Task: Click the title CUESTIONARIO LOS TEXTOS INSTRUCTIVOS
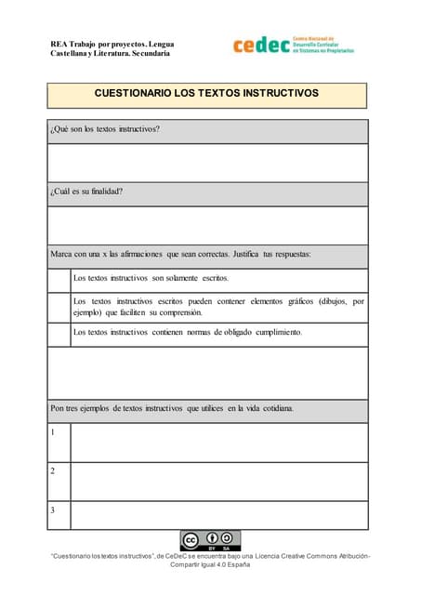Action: pyautogui.click(x=206, y=94)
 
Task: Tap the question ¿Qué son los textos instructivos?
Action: pyautogui.click(x=105, y=129)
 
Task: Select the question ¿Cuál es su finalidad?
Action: pyautogui.click(x=86, y=192)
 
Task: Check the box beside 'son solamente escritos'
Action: pyautogui.click(x=59, y=279)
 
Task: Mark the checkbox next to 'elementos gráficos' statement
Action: pyautogui.click(x=59, y=307)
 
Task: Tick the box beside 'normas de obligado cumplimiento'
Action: pyautogui.click(x=59, y=332)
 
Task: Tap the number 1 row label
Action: pyautogui.click(x=53, y=432)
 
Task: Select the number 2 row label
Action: pyautogui.click(x=53, y=471)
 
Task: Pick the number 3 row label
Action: pyautogui.click(x=53, y=510)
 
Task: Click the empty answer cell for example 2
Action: pyautogui.click(x=219, y=481)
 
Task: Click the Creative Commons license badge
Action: pyautogui.click(x=210, y=540)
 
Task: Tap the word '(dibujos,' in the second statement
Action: pyautogui.click(x=335, y=301)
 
